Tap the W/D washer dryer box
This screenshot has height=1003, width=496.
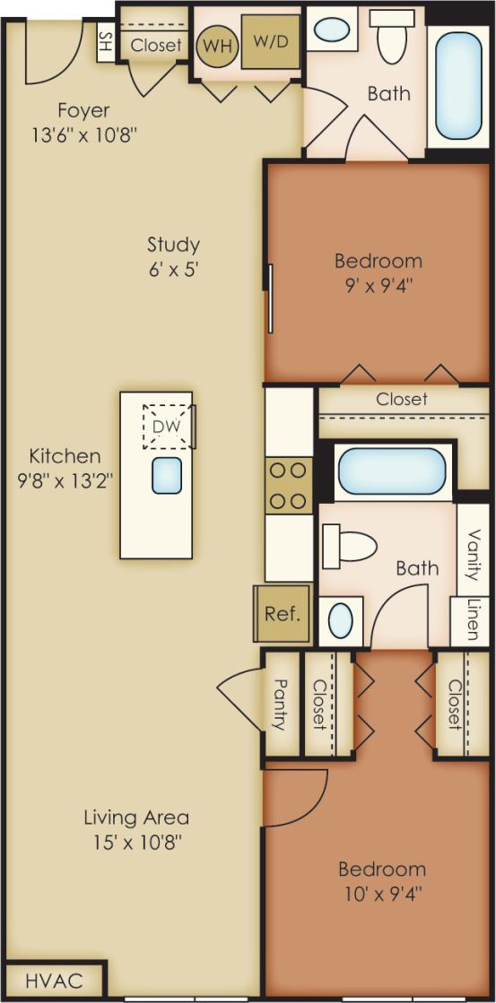270,41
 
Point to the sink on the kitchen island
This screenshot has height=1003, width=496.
167,475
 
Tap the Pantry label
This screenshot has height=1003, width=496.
279,704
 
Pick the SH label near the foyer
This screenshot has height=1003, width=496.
106,41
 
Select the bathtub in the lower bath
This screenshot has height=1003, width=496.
391,471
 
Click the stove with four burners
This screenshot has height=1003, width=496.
288,485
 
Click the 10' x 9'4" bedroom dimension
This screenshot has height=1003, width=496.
381,894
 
